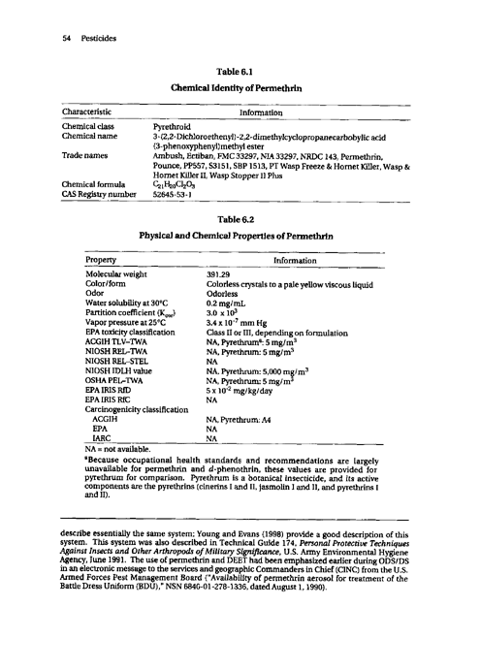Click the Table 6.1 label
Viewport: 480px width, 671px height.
pyautogui.click(x=239, y=70)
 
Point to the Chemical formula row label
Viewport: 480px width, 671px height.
pyautogui.click(x=94, y=181)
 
